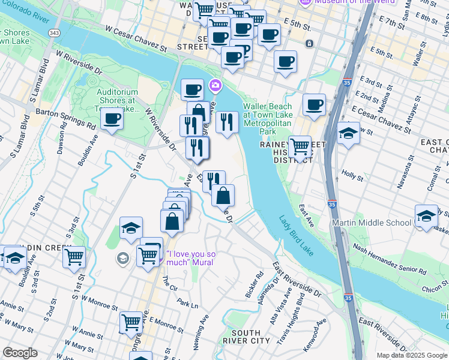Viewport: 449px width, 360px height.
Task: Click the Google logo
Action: coord(20,353)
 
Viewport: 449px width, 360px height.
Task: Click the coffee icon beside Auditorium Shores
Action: coord(112,119)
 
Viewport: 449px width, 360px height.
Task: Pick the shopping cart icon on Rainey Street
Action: coord(300,146)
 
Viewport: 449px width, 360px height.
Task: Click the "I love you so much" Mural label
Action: coord(191,258)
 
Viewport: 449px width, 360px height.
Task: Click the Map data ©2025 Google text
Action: coord(411,355)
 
